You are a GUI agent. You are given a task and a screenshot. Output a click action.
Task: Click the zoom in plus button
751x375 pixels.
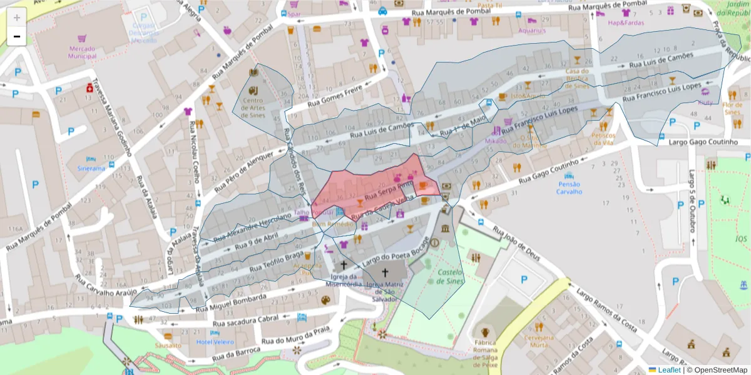pyautogui.click(x=17, y=17)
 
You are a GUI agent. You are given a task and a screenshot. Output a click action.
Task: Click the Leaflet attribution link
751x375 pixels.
pyautogui.click(x=669, y=370)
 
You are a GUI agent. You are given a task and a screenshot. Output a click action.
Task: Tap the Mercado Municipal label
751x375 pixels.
pyautogui.click(x=83, y=52)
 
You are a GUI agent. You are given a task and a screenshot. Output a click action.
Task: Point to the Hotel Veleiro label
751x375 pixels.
pyautogui.click(x=215, y=342)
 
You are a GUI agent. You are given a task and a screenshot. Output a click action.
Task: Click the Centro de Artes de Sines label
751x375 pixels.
pyautogui.click(x=253, y=107)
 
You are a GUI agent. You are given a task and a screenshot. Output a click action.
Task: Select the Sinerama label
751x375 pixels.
pyautogui.click(x=91, y=169)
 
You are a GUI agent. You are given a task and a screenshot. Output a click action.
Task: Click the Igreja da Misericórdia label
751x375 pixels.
pyautogui.click(x=344, y=280)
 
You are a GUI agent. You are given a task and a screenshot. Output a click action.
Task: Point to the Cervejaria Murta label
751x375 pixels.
pyautogui.click(x=539, y=341)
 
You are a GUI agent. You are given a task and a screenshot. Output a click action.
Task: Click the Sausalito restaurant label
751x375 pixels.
pyautogui.click(x=168, y=345)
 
